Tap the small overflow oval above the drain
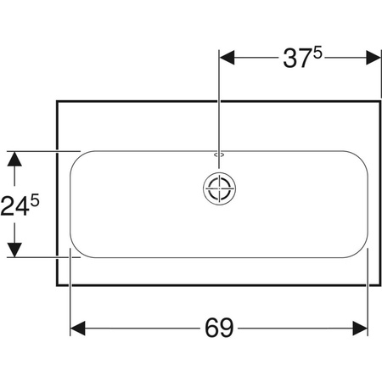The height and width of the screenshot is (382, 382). pos(219,154)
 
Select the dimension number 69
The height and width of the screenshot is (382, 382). pos(219,328)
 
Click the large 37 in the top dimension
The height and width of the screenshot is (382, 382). pos(297,59)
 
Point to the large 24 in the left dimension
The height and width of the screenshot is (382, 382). pos(14,206)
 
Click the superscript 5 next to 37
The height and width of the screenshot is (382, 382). pos(317,53)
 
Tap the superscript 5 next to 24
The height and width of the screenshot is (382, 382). pos(35,201)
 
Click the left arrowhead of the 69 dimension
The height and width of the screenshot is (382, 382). pos(77,329)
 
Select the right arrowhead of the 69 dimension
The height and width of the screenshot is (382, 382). pos(360,329)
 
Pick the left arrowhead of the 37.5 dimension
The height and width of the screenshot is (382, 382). pos(227,58)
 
